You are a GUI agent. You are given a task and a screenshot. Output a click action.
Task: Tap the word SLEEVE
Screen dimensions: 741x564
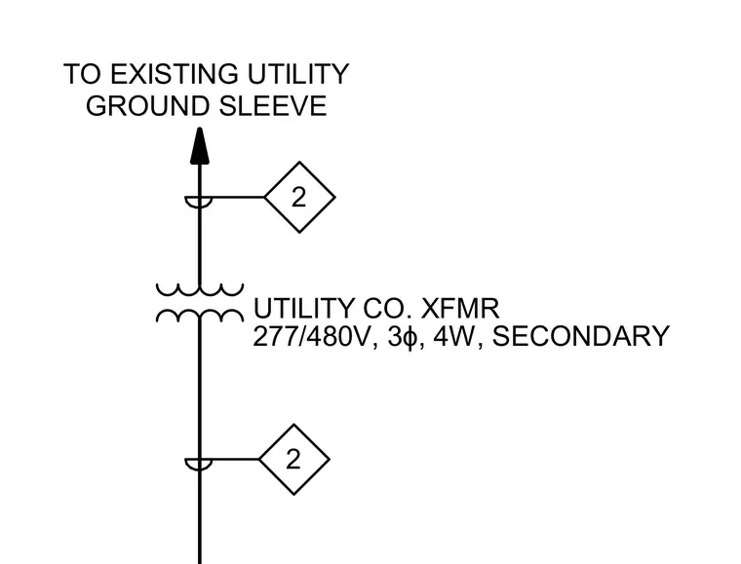tap(273, 106)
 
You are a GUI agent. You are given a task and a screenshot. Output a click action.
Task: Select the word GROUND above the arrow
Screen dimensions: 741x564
tap(147, 106)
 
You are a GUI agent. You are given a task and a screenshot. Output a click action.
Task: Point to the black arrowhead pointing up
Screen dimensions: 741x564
tap(200, 146)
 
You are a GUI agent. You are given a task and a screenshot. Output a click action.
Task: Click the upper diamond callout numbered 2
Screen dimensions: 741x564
tap(299, 198)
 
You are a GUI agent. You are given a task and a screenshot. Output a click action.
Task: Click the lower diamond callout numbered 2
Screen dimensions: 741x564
tap(293, 459)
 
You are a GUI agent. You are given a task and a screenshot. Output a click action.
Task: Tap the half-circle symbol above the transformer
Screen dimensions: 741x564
tap(199, 202)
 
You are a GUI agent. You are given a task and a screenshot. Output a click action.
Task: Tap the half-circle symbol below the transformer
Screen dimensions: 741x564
tap(199, 465)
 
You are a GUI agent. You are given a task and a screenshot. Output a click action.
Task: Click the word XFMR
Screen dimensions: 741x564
tap(459, 308)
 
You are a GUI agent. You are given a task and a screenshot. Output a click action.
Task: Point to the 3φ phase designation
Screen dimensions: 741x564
tap(403, 337)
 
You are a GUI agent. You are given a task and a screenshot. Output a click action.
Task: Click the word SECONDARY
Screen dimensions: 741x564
tap(581, 336)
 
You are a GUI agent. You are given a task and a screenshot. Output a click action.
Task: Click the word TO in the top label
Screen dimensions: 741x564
tap(83, 74)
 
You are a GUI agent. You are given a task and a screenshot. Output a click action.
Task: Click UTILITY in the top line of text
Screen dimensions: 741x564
tap(298, 74)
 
